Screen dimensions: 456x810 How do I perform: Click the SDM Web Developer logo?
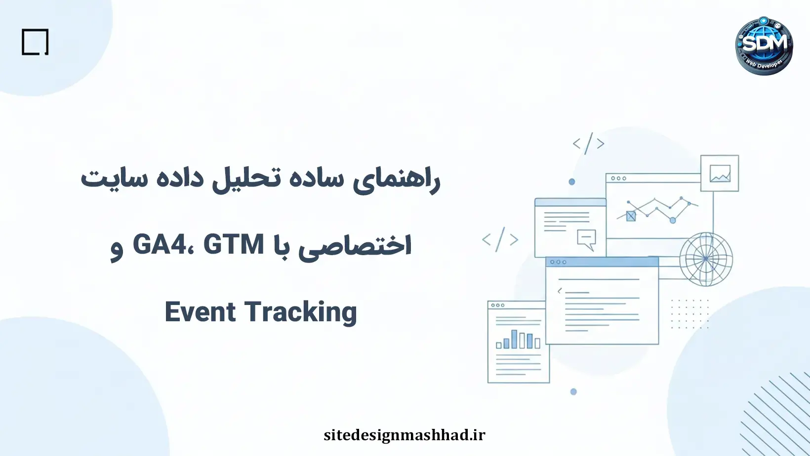tap(764, 46)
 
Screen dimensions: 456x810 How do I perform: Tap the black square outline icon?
tap(35, 42)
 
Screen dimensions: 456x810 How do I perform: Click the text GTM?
tap(234, 245)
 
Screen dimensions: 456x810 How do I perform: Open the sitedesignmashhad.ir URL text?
tap(405, 435)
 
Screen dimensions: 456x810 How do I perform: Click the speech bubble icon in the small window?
tap(586, 239)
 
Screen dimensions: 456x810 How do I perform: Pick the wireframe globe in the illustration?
tap(706, 259)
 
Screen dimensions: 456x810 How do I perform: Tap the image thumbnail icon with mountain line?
tap(720, 173)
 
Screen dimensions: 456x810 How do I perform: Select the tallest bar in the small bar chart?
tap(514, 339)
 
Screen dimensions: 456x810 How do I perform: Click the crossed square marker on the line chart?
tap(631, 216)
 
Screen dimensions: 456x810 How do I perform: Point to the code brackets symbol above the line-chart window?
tap(588, 144)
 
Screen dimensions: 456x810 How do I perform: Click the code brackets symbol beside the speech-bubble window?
tap(500, 240)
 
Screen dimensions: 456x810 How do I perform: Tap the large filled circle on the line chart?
tap(672, 220)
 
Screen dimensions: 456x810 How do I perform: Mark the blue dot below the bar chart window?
tap(573, 392)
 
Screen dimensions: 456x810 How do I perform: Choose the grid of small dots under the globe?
tap(690, 314)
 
